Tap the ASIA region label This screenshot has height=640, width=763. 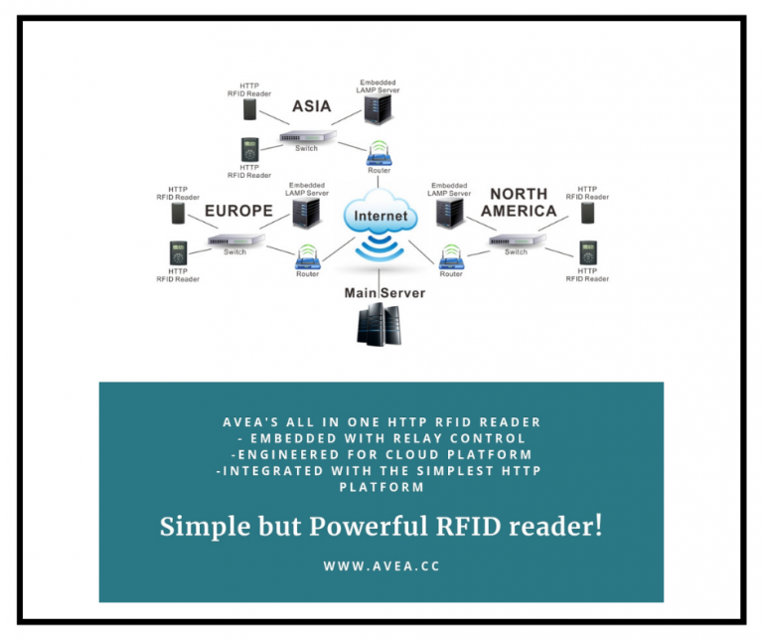tap(311, 105)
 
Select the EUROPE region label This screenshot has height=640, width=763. tap(238, 212)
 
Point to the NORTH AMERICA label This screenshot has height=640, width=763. tap(519, 203)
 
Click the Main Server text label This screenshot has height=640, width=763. tap(384, 293)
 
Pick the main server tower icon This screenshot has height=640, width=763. tap(380, 326)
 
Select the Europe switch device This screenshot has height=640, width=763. tap(234, 240)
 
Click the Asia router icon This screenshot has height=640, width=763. tap(380, 153)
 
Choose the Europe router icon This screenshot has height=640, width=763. tap(307, 257)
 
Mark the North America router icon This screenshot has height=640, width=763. tap(451, 257)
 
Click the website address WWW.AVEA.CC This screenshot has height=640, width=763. tap(381, 565)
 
